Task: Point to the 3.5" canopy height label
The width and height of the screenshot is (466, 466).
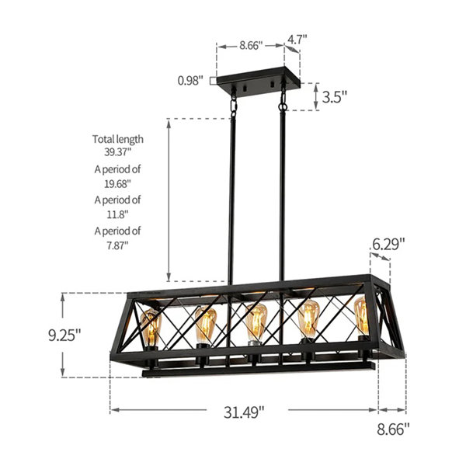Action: point(334,97)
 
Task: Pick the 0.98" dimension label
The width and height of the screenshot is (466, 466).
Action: point(190,79)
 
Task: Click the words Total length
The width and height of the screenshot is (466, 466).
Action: point(118,139)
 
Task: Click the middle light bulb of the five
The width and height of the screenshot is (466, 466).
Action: point(255,324)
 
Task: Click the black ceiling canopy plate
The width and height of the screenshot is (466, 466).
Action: point(256,81)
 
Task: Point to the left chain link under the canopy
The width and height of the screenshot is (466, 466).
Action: point(232,103)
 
